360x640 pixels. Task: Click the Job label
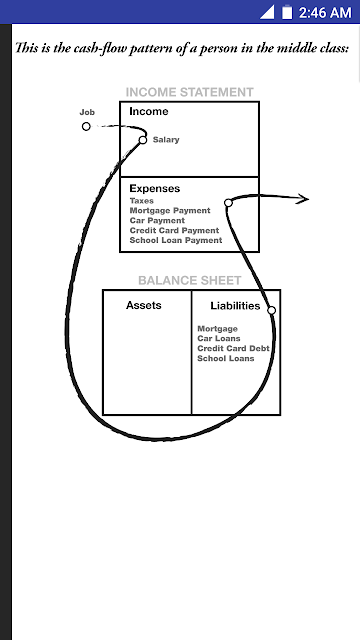point(87,113)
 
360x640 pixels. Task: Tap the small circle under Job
point(86,127)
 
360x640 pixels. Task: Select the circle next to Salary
point(142,140)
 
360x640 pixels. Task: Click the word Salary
point(166,140)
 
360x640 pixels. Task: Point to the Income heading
point(149,111)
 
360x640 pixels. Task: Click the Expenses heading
point(155,189)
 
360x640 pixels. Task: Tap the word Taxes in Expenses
point(142,201)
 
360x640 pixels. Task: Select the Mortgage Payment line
point(170,211)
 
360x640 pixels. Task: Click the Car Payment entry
point(157,220)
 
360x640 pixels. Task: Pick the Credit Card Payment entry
point(174,230)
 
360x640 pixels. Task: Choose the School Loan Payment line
point(176,240)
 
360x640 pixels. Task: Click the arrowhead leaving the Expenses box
point(303,198)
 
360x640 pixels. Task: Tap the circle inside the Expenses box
point(228,203)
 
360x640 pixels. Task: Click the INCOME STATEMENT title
point(189,92)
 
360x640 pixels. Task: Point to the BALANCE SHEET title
point(190,280)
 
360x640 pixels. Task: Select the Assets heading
point(144,305)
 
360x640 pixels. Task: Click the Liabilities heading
point(235,306)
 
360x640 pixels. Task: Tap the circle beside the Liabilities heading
point(271,311)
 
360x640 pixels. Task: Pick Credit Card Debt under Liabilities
point(233,349)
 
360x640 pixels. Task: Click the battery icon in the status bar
point(287,12)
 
